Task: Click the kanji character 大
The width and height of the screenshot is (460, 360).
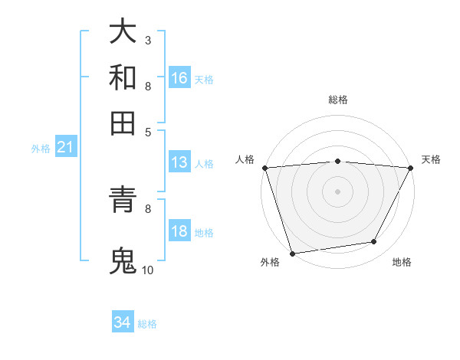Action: [x=123, y=32]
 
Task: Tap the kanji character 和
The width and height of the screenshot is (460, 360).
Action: [x=123, y=78]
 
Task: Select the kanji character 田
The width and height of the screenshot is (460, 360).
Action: [x=123, y=123]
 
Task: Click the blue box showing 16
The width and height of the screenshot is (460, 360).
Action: [x=179, y=78]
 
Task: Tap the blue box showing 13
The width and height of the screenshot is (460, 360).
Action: [x=179, y=162]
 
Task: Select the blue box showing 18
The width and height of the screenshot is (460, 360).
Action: [x=179, y=232]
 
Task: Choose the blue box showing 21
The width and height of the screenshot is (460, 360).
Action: [x=65, y=148]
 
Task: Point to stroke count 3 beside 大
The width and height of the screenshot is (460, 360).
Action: [x=147, y=40]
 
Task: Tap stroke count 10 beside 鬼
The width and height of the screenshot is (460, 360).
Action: [x=147, y=270]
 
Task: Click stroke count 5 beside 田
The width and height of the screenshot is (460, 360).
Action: [x=147, y=131]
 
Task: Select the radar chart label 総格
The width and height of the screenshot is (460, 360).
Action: [x=337, y=100]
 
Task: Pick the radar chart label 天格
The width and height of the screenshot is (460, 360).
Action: [x=431, y=159]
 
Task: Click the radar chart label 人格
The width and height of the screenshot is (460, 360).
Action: [x=245, y=159]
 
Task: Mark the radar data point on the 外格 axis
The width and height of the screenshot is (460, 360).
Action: [x=292, y=253]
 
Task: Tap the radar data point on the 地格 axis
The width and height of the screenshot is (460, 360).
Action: [x=374, y=242]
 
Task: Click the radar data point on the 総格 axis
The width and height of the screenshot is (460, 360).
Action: [x=337, y=161]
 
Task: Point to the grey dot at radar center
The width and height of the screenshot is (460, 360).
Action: [x=337, y=191]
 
